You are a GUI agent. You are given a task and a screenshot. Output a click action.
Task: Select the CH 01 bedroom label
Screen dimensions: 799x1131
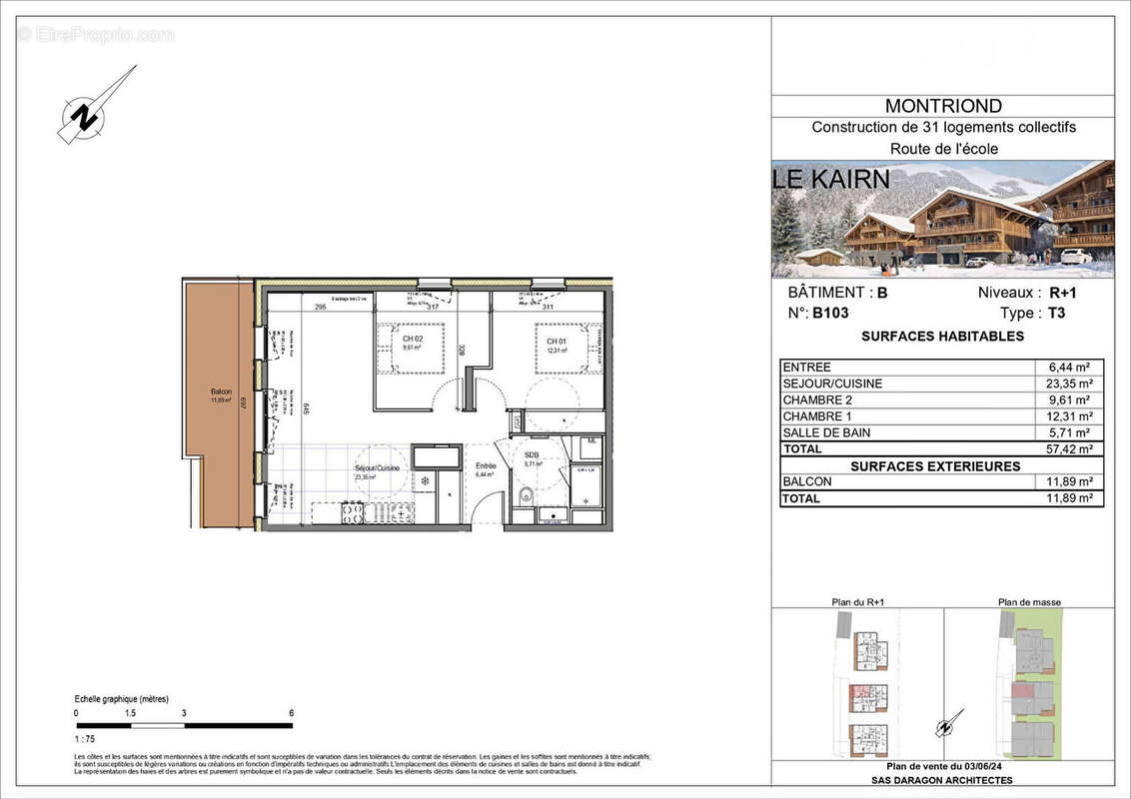pyautogui.click(x=557, y=342)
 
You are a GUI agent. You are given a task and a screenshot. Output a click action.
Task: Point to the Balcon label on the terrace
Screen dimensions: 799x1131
pyautogui.click(x=221, y=391)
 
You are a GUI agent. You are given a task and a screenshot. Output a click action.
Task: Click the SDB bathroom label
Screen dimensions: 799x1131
pyautogui.click(x=532, y=454)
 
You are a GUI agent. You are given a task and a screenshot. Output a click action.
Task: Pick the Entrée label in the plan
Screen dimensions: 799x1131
pyautogui.click(x=486, y=466)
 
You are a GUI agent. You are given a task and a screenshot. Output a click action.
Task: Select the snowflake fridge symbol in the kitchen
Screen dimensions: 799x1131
pyautogui.click(x=424, y=481)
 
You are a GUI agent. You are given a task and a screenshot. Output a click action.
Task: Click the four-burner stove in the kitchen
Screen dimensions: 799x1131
pyautogui.click(x=353, y=513)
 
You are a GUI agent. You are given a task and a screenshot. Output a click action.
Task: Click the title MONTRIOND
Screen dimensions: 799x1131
pyautogui.click(x=943, y=106)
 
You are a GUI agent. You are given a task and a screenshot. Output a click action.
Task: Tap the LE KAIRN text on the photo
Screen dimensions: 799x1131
pyautogui.click(x=831, y=180)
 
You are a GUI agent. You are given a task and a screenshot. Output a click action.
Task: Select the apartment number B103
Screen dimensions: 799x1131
pyautogui.click(x=830, y=313)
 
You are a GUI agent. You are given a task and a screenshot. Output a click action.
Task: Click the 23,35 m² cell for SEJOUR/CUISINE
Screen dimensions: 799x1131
pyautogui.click(x=1069, y=384)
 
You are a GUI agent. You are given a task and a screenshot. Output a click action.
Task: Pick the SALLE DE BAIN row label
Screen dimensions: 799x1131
pyautogui.click(x=826, y=432)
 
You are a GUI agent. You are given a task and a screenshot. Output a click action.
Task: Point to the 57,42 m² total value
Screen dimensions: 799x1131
pyautogui.click(x=1069, y=449)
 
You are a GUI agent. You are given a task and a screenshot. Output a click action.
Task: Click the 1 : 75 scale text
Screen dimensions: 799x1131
pyautogui.click(x=87, y=738)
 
